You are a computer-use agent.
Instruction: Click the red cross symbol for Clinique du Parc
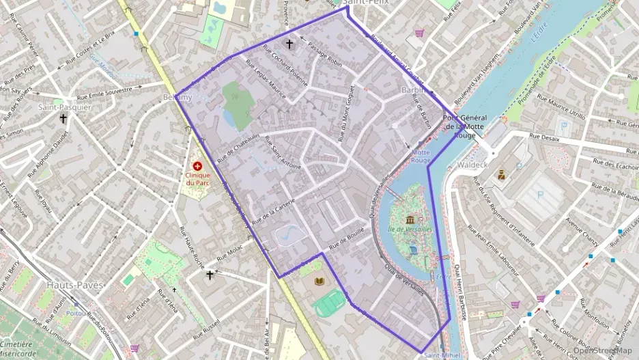coord(198,165)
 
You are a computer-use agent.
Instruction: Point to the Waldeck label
coord(473,165)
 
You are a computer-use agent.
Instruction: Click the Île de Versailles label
coord(410,229)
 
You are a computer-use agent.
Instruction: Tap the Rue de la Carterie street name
coord(272,212)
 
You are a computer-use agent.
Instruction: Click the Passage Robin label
coord(324,55)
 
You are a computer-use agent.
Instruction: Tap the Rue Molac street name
coord(229,255)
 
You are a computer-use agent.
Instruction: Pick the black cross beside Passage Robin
coord(289,44)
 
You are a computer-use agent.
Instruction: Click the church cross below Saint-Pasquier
coord(63,118)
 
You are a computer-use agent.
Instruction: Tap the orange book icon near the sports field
coord(319,281)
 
